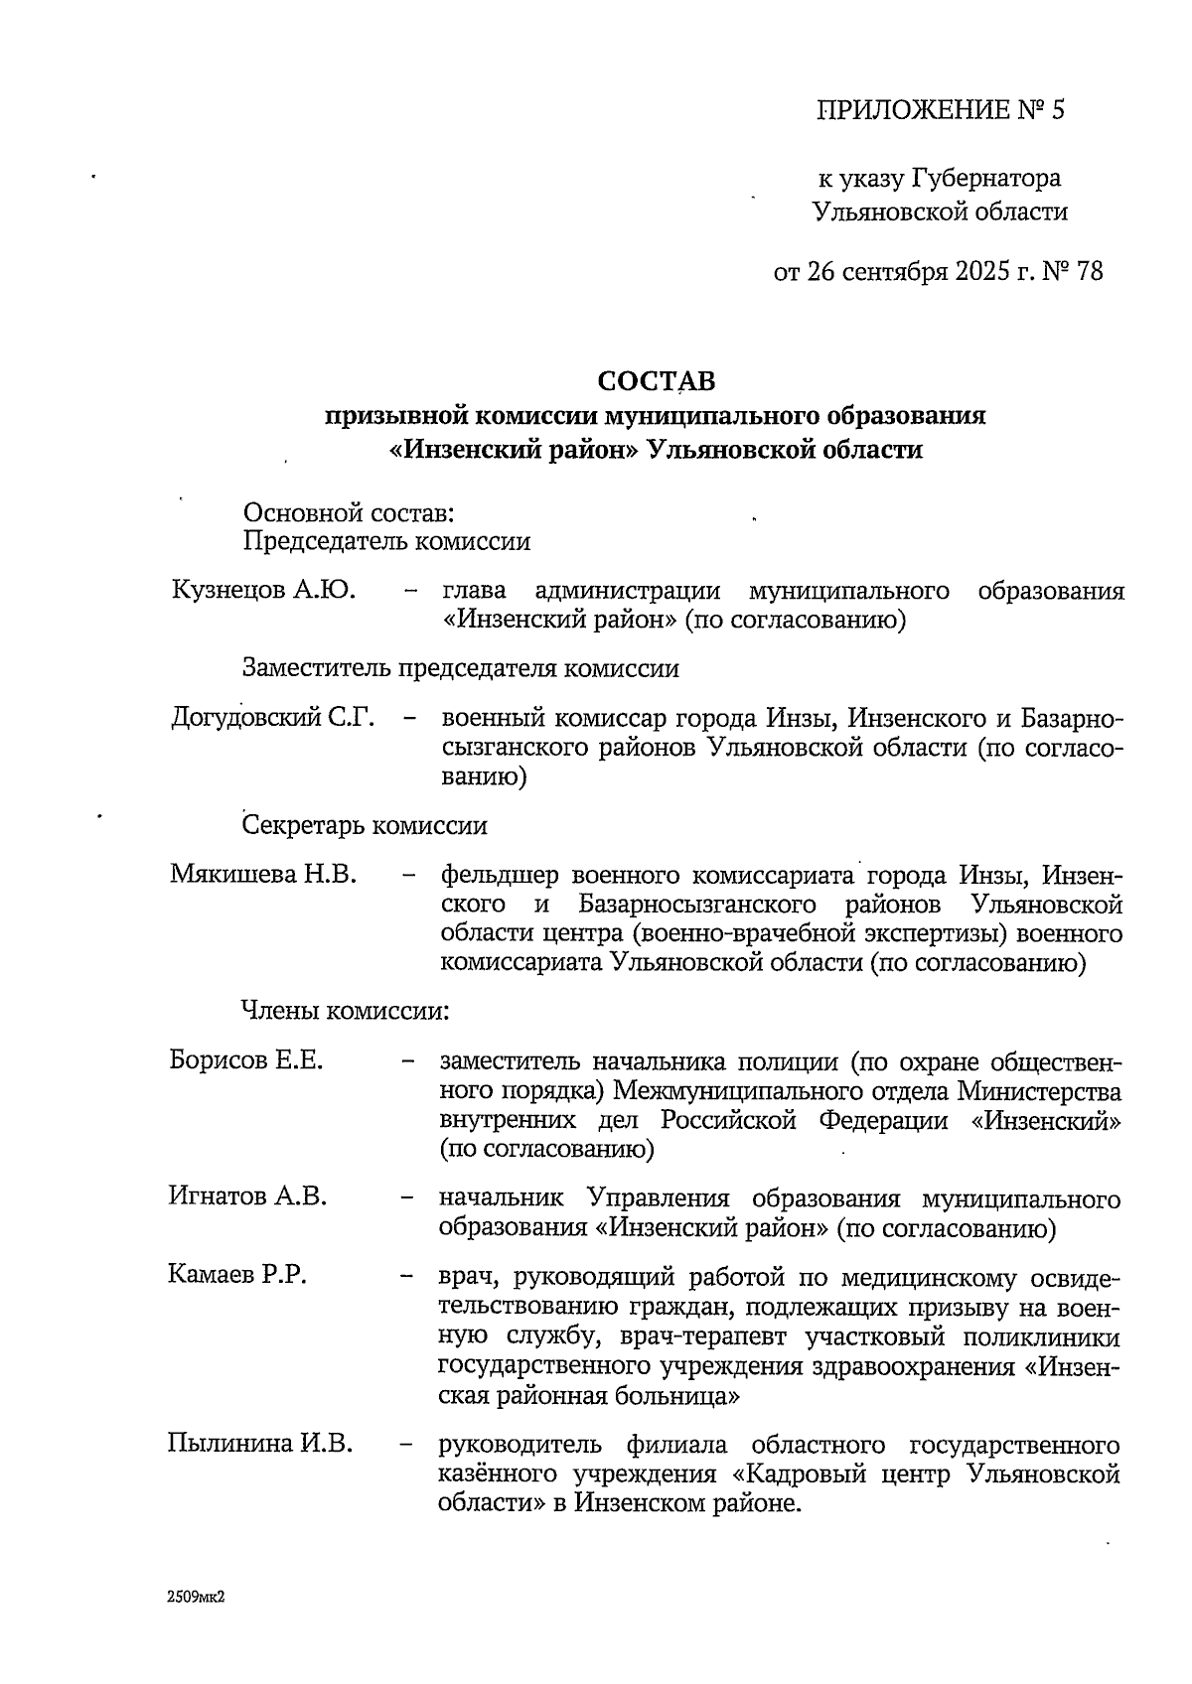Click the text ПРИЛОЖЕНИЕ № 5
click(x=940, y=109)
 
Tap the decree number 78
click(x=1088, y=271)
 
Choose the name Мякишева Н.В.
click(x=262, y=875)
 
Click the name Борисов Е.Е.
click(x=246, y=1060)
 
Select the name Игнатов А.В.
click(x=247, y=1196)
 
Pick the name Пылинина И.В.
click(x=260, y=1443)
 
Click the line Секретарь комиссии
click(x=365, y=825)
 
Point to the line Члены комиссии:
click(x=347, y=1011)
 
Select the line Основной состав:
click(x=349, y=513)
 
